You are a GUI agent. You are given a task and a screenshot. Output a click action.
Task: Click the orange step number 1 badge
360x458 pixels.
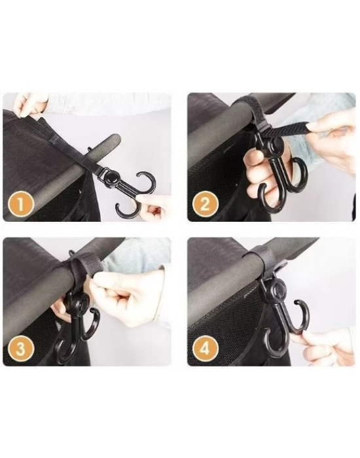tap(20, 204)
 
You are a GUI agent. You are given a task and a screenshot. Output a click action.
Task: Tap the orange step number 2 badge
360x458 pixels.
tap(205, 203)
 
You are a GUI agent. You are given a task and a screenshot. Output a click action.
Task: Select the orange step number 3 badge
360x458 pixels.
tap(20, 349)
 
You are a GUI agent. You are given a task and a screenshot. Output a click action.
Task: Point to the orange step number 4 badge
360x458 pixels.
tap(205, 349)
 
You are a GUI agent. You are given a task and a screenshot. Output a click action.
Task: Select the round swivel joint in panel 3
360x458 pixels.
tap(82, 303)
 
